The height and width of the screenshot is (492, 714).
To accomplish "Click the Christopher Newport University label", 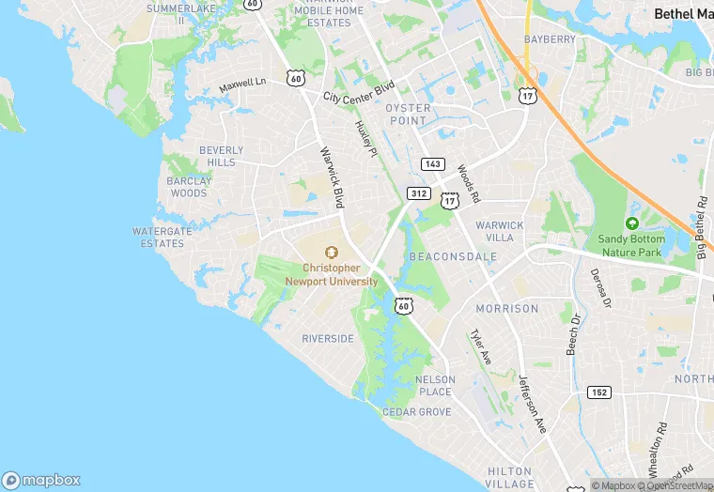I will pyautogui.click(x=331, y=274).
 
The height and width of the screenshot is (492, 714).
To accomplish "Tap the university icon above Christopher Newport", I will pyautogui.click(x=331, y=252).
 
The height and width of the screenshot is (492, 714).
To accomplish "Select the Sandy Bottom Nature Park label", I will pyautogui.click(x=631, y=245).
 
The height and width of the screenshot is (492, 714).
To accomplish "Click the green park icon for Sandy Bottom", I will pyautogui.click(x=631, y=223).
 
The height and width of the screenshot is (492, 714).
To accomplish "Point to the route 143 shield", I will pyautogui.click(x=432, y=163).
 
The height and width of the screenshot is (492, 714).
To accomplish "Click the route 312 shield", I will pyautogui.click(x=419, y=193).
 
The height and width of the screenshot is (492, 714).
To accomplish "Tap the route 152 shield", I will pyautogui.click(x=599, y=391).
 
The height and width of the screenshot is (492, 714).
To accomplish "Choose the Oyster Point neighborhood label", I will pyautogui.click(x=409, y=114).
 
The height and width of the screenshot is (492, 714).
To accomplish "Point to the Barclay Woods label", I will pyautogui.click(x=188, y=187).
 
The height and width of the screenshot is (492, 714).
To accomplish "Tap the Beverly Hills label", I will pyautogui.click(x=221, y=156).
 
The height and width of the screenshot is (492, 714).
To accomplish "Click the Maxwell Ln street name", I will pyautogui.click(x=242, y=85).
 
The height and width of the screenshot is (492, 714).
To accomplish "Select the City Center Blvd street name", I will pyautogui.click(x=358, y=92).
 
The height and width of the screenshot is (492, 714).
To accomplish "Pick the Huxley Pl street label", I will pyautogui.click(x=365, y=138).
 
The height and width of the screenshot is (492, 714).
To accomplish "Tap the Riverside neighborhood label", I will pyautogui.click(x=328, y=338).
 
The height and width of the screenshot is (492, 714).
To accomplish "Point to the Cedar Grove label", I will pyautogui.click(x=416, y=412).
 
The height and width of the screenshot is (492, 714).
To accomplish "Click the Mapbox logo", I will pyautogui.click(x=41, y=480).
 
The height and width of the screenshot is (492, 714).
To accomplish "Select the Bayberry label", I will pyautogui.click(x=550, y=39).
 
